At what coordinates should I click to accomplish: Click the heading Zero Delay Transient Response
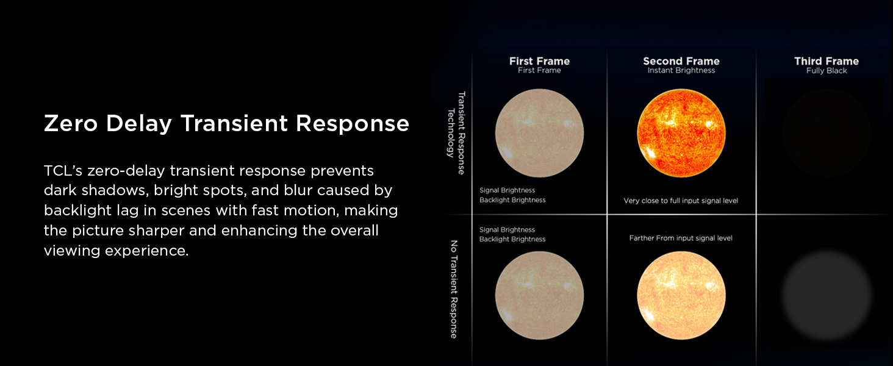226,124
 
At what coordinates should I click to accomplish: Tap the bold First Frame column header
539,61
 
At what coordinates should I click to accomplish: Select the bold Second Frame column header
681,61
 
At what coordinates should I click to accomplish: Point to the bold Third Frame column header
826,61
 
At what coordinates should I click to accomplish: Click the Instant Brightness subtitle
681,71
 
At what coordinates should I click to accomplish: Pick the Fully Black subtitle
826,71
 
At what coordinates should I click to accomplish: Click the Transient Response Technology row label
456,132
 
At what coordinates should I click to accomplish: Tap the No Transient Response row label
453,289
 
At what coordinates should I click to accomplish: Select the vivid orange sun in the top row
681,132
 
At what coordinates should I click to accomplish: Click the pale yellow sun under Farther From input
681,295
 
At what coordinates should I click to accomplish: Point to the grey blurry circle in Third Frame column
827,295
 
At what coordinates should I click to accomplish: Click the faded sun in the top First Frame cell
539,132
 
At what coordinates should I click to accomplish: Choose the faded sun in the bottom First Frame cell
539,295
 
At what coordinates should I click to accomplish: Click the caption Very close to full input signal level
681,201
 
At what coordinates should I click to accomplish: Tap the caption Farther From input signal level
681,239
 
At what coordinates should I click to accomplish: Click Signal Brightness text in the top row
507,190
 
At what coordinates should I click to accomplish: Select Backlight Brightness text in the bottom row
512,240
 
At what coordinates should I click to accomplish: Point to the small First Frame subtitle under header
539,71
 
